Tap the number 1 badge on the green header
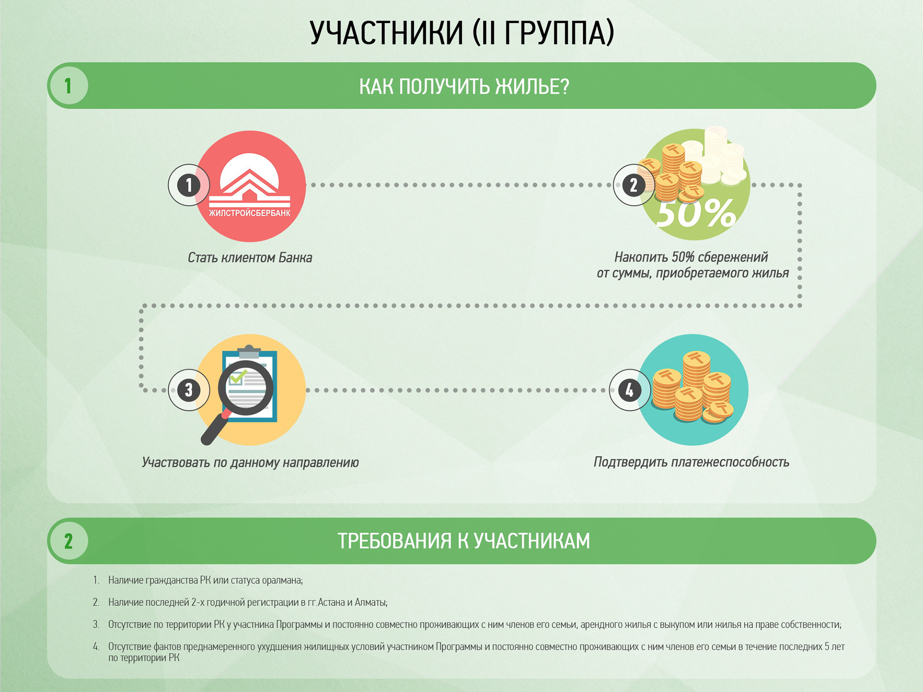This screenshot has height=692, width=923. [68, 86]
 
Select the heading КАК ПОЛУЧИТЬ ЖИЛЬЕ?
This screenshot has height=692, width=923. [464, 86]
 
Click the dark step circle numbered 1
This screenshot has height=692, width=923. [189, 185]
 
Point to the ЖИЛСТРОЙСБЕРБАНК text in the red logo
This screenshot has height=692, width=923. [249, 213]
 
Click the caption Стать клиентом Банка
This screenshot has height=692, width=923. [249, 258]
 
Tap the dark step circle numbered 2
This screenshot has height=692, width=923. [634, 185]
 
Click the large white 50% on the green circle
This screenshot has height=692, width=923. [696, 213]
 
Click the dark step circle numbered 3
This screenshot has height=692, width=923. [189, 390]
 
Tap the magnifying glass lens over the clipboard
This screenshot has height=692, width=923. [246, 387]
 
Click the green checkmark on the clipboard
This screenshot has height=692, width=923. [237, 376]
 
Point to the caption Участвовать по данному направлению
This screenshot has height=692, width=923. [250, 462]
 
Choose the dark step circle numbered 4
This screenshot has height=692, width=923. [630, 390]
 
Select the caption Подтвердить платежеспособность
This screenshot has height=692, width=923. [691, 462]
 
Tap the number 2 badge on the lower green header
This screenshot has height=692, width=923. [68, 541]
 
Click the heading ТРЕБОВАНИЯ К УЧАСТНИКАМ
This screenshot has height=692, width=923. [464, 541]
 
